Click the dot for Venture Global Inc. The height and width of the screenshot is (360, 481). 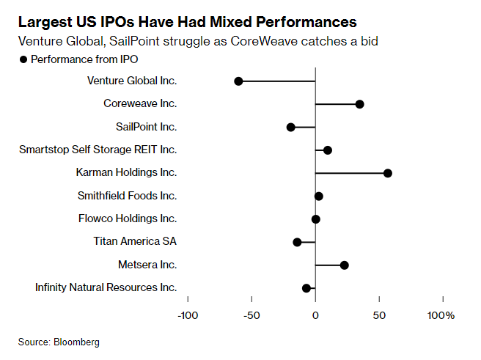(238, 81)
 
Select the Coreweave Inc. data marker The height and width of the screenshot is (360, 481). (360, 104)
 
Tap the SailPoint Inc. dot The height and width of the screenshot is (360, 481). (290, 127)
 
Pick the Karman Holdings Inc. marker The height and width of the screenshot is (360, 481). (388, 173)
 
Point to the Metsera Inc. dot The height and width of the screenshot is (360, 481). (345, 265)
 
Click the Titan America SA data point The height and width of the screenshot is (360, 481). (297, 242)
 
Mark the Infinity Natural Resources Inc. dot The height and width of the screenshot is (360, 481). (306, 288)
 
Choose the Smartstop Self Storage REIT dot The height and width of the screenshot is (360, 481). (328, 150)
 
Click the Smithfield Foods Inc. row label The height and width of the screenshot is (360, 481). (127, 196)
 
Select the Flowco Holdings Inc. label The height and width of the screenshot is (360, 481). (128, 218)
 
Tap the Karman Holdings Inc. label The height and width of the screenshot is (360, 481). (126, 173)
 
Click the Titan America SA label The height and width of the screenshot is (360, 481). (135, 242)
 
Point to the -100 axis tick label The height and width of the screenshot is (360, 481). (188, 315)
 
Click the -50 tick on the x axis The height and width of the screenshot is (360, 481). (251, 315)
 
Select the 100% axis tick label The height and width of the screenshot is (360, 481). (441, 315)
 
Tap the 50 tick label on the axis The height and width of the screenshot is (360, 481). (379, 315)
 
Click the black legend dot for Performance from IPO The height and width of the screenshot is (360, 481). (23, 59)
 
